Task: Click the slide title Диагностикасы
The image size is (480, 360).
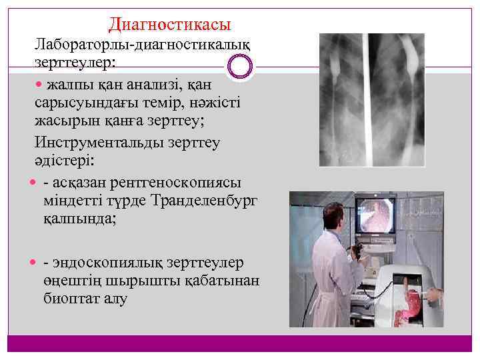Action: [169, 25]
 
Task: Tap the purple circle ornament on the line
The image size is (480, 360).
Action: [240, 66]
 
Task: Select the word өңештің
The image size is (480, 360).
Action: [74, 281]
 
